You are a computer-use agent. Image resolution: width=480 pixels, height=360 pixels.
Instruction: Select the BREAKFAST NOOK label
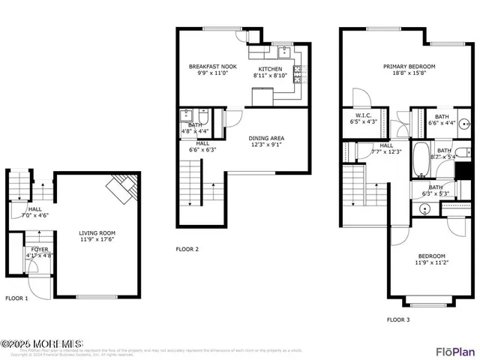212,67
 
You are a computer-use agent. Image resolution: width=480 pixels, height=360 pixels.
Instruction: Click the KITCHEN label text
271,69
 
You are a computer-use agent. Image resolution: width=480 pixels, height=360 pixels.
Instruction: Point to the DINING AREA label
266,138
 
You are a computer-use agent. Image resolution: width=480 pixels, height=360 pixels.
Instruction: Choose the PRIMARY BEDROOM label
409,67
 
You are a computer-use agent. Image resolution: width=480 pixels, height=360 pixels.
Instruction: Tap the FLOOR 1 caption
17,298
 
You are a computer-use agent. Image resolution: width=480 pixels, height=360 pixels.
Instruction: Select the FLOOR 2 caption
187,249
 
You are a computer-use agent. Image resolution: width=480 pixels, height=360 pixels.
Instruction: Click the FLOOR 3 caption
398,319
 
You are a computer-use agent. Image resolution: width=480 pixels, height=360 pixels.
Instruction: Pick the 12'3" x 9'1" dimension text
266,145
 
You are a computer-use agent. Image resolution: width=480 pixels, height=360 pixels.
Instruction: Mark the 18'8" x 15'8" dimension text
409,73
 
